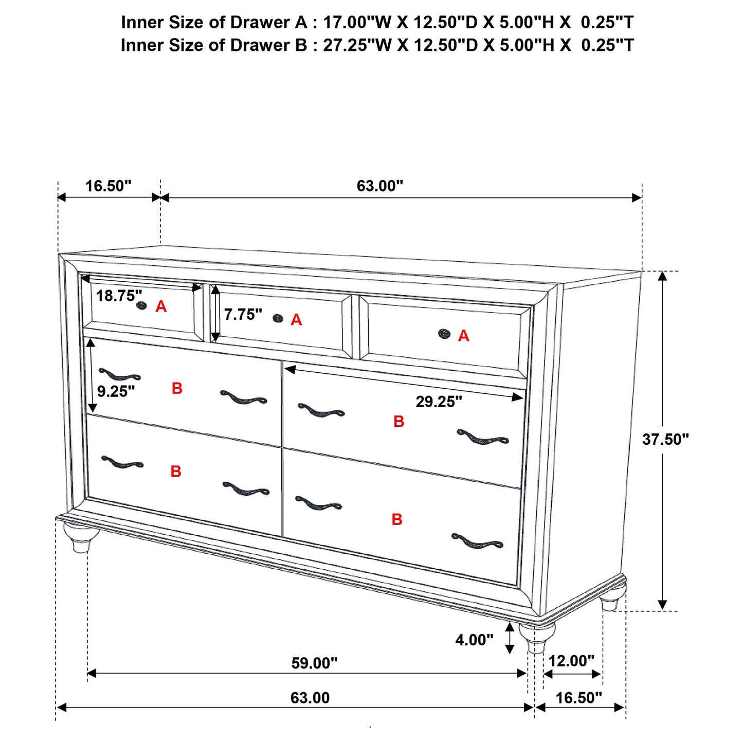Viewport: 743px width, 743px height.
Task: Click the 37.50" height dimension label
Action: pos(665,439)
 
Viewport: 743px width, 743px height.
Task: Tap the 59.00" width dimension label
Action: pos(314,663)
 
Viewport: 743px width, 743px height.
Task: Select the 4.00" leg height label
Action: pos(474,640)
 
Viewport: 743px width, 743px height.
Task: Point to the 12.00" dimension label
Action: pos(571,661)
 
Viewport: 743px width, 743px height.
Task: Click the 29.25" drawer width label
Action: pos(439,402)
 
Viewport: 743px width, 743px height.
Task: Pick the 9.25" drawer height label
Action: pos(116,391)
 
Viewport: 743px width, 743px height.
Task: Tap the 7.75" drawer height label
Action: pos(243,314)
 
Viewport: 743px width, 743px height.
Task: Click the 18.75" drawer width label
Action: pos(119,296)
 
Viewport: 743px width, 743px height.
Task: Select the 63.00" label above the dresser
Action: pos(380,186)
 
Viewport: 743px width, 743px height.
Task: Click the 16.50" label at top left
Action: pos(108,186)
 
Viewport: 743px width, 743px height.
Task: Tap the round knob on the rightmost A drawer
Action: pos(444,334)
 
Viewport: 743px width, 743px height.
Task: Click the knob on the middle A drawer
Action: pos(278,319)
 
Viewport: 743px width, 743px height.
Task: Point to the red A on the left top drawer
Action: pos(161,307)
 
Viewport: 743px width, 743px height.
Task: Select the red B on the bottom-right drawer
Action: pos(397,519)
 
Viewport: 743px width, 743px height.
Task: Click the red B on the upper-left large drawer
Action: pos(177,389)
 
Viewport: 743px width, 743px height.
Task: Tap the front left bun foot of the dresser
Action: pos(81,537)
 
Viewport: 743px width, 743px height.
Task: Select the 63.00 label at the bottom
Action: pos(310,698)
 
